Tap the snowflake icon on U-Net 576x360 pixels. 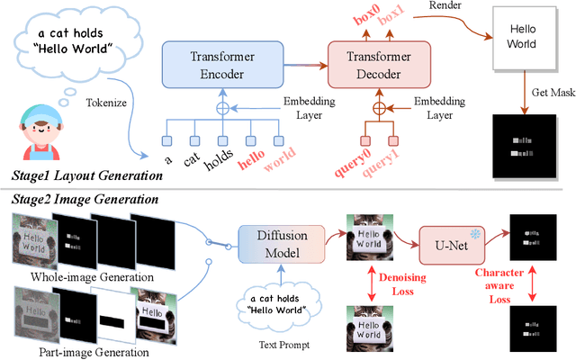tap(475, 232)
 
